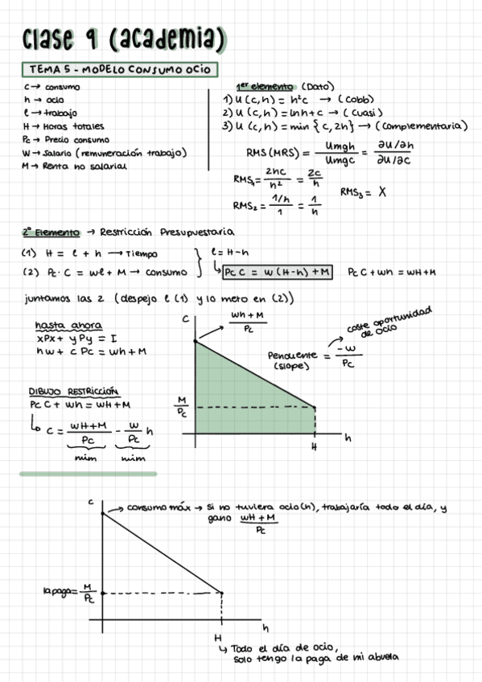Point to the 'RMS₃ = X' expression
click(x=363, y=193)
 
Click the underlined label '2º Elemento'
click(x=51, y=232)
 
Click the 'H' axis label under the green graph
click(x=315, y=446)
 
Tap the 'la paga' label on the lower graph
click(x=58, y=592)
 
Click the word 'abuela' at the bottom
click(x=381, y=658)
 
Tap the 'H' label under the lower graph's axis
click(x=217, y=636)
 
